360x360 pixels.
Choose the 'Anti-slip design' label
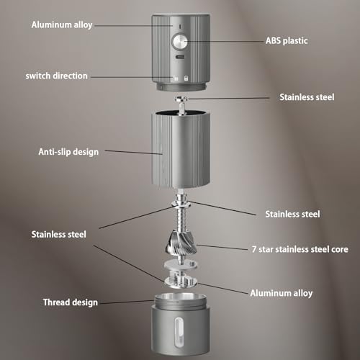(68, 152)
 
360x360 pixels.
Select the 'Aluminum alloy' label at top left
(62, 24)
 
